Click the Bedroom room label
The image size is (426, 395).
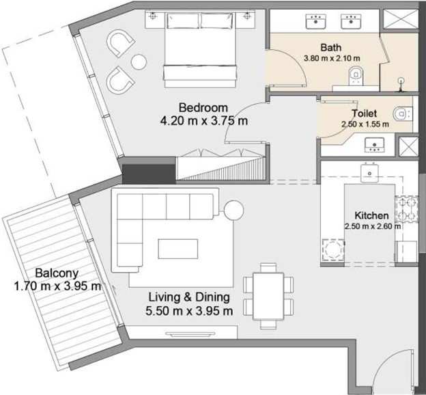(x=203, y=108)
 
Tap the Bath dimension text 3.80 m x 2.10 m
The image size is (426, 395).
(x=332, y=58)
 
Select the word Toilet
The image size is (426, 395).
(x=364, y=113)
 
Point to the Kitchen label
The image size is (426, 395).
(x=371, y=215)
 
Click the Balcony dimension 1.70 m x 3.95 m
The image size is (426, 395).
(x=57, y=286)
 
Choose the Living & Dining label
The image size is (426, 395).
(x=189, y=297)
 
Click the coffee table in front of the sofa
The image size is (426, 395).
(x=178, y=249)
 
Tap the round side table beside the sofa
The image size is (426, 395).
(x=233, y=210)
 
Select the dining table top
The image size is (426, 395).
(x=268, y=297)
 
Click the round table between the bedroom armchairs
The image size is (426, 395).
(x=139, y=62)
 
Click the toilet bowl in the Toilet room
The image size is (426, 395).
(x=403, y=113)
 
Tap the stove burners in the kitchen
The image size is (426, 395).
(x=406, y=208)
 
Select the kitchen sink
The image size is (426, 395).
(x=369, y=173)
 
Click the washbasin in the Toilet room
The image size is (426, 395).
(x=374, y=145)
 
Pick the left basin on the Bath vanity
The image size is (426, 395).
(x=315, y=21)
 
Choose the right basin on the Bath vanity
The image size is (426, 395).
(x=351, y=21)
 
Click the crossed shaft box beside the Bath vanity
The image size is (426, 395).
(x=401, y=18)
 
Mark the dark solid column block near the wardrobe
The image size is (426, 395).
(x=149, y=174)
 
